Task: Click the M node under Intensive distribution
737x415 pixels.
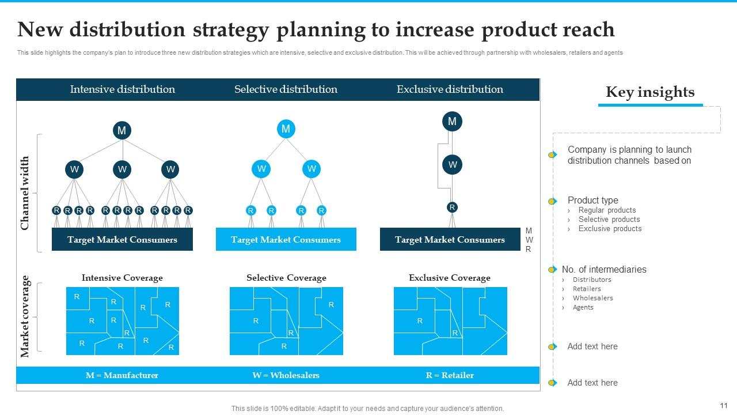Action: [121, 130]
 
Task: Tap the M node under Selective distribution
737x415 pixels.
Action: [286, 129]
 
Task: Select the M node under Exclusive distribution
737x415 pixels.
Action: [452, 121]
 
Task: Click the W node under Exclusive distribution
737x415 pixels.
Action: [453, 165]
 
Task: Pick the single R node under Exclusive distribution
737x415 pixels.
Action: [452, 207]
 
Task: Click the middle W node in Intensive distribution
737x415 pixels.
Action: [122, 169]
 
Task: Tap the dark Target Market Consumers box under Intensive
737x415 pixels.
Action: [122, 240]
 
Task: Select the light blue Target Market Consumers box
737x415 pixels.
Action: [286, 240]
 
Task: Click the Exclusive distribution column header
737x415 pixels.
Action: [450, 89]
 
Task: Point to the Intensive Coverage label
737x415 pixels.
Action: [122, 278]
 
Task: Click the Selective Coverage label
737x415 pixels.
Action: [286, 278]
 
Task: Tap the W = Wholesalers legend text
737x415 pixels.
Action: [286, 375]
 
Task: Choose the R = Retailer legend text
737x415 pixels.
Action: [450, 375]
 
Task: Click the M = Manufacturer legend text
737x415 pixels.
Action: [122, 375]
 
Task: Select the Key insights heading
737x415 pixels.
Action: [650, 92]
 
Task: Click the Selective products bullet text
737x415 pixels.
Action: [609, 220]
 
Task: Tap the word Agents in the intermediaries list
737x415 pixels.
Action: [583, 307]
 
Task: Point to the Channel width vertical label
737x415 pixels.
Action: [25, 193]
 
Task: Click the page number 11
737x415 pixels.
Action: [724, 405]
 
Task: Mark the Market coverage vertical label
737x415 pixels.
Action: [25, 316]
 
